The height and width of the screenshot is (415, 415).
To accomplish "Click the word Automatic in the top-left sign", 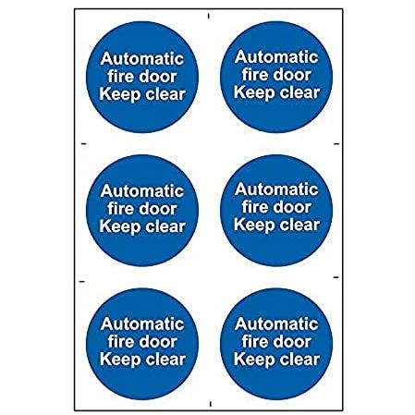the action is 142,58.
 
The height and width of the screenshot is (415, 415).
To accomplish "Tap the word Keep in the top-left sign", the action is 119,94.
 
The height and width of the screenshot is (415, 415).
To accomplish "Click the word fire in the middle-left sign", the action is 121,209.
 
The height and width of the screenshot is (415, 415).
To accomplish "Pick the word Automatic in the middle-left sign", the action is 142,191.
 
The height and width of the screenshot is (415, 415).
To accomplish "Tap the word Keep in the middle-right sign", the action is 254,226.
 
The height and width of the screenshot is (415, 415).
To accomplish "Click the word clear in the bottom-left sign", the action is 165,360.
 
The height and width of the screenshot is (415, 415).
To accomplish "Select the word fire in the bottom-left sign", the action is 121,342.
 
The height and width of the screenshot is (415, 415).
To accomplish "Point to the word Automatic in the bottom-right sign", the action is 276,323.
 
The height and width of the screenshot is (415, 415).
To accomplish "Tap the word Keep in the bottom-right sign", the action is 254,360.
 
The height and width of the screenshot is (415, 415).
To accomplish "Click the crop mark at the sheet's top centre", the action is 209,16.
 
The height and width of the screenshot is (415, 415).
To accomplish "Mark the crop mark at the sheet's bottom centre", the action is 211,404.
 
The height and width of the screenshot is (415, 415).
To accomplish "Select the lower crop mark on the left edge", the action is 82,281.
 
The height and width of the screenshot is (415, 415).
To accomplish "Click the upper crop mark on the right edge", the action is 336,143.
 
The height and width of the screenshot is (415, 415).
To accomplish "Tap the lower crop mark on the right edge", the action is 336,277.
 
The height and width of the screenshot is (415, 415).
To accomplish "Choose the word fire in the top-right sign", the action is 255,75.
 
